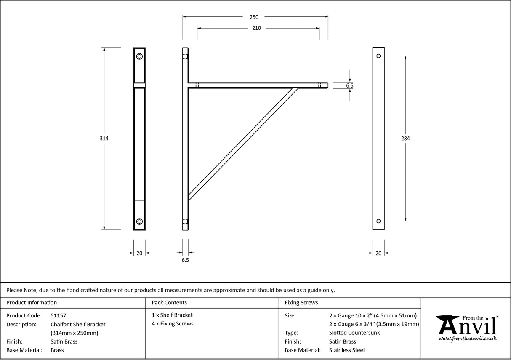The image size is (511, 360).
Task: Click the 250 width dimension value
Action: click(254, 17)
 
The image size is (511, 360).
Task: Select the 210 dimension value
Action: click(256, 28)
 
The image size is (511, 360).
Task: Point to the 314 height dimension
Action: click(104, 139)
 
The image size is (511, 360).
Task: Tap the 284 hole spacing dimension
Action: click(405, 139)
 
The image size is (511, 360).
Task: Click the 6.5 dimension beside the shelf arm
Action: click(349, 85)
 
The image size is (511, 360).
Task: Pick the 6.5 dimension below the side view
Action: click(185, 261)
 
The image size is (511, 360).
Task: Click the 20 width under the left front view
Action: click(139, 253)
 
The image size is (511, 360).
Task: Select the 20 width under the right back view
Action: click(378, 253)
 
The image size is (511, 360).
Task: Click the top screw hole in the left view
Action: click(139, 56)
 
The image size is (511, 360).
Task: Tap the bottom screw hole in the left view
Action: click(139, 221)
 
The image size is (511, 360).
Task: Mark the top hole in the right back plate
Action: click(378, 56)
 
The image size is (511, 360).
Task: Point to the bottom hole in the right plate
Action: click(378, 221)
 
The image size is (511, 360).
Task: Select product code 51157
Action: click(58, 315)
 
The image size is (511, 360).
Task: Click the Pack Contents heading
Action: click(169, 303)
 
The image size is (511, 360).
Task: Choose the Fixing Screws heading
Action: click(301, 303)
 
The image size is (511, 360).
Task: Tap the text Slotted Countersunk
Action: click(354, 333)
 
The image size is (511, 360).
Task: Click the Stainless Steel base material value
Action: click(347, 350)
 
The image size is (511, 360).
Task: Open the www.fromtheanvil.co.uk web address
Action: click(468, 339)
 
